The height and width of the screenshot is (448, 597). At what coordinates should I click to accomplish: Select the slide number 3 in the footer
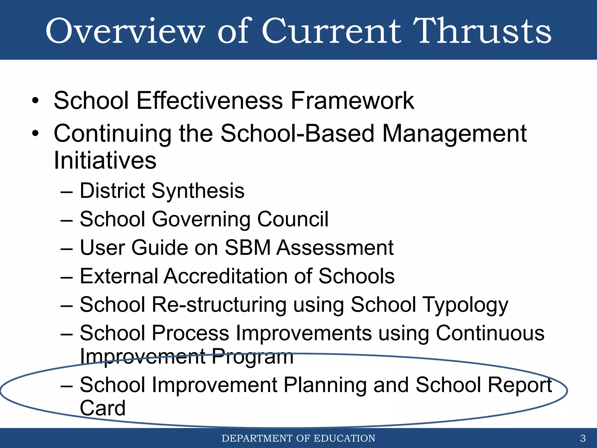[x=583, y=438]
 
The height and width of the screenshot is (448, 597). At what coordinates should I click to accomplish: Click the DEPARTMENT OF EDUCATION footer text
[x=298, y=438]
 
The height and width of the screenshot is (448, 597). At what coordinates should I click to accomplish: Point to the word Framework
[x=352, y=101]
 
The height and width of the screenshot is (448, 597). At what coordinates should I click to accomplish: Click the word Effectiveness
[x=210, y=101]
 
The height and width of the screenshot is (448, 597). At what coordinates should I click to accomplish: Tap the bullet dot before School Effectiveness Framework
[x=35, y=101]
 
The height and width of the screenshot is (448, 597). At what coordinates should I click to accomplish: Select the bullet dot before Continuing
[x=35, y=134]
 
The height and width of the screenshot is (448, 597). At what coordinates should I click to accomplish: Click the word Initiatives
[x=105, y=160]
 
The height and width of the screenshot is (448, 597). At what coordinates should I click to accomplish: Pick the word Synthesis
[x=198, y=191]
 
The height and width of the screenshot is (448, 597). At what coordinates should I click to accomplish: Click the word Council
[x=293, y=219]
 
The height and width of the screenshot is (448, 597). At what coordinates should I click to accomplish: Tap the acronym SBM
[x=248, y=248]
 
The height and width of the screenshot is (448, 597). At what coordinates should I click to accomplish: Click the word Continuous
[x=490, y=333]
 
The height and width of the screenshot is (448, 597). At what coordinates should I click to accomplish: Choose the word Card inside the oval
[x=103, y=408]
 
